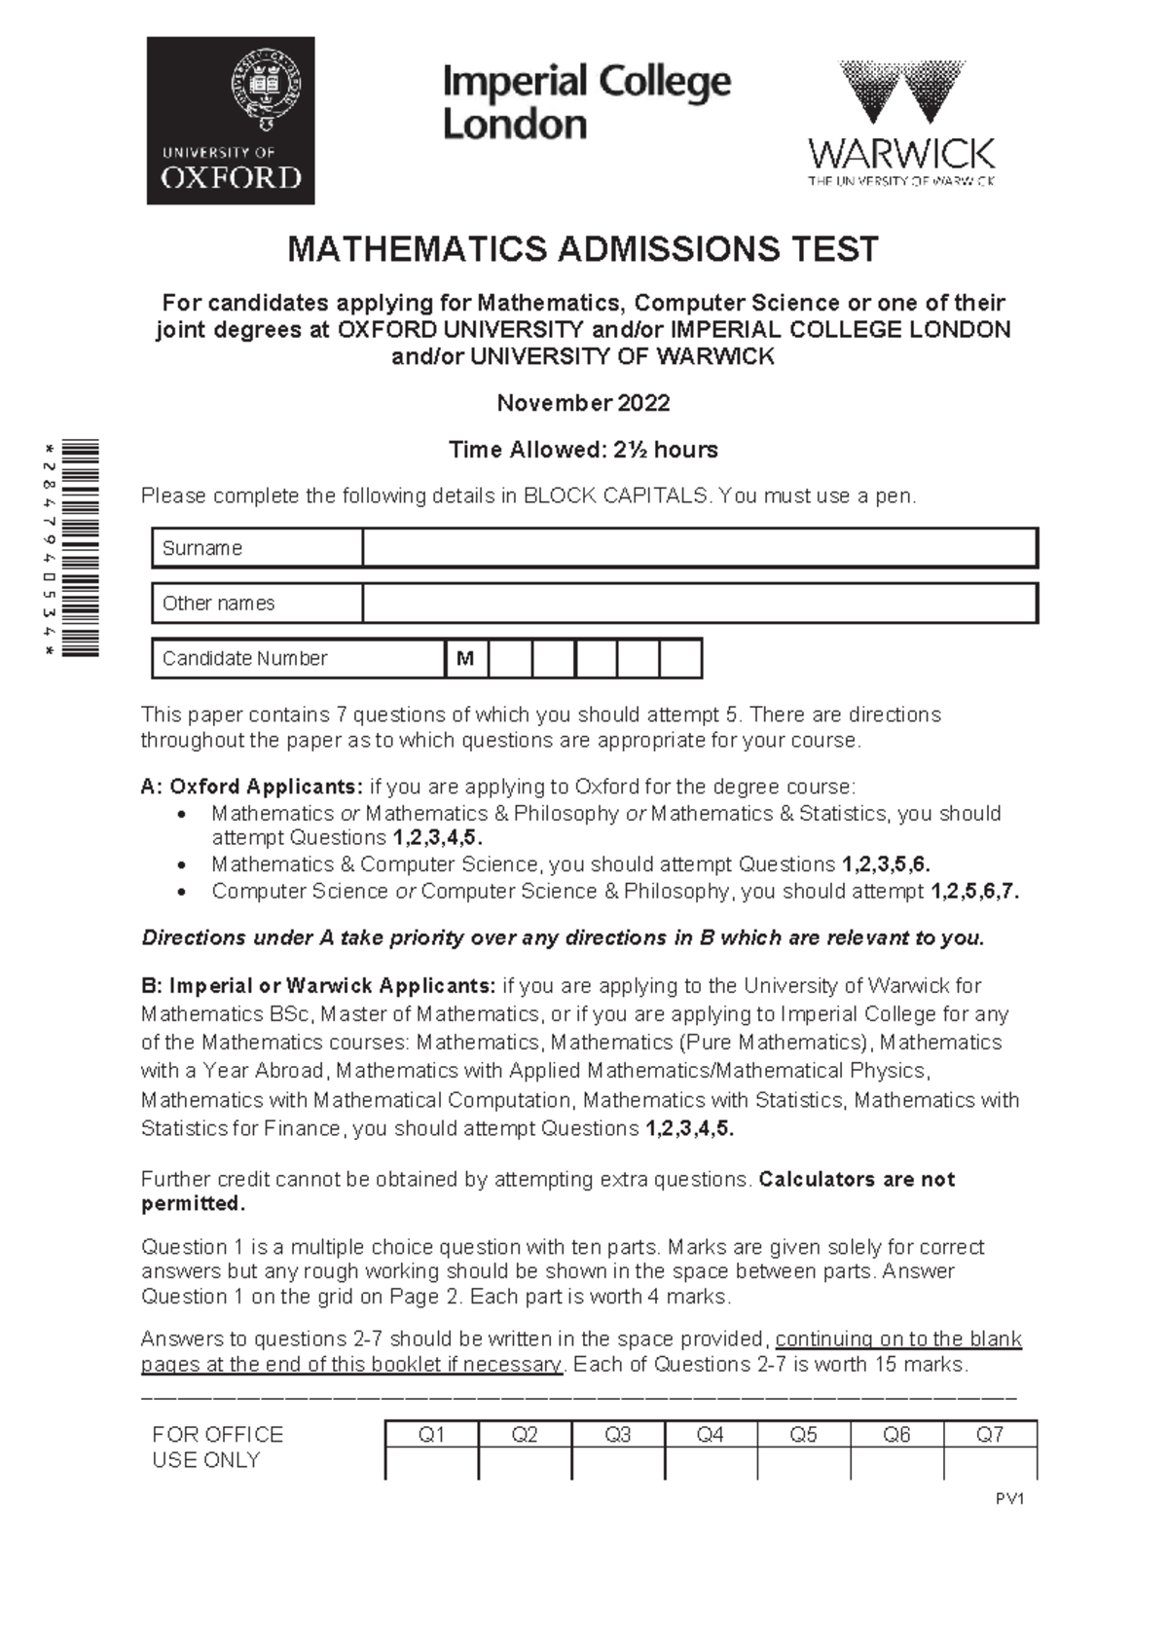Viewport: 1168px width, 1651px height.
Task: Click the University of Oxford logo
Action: point(231,121)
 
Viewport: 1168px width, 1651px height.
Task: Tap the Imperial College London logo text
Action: point(586,102)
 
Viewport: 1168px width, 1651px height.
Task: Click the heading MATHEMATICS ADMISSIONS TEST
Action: point(583,250)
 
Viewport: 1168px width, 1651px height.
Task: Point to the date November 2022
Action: point(583,403)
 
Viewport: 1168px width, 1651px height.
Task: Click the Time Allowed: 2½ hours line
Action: point(583,450)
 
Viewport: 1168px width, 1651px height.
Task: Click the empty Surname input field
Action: point(699,548)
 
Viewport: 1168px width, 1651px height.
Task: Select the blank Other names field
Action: point(699,604)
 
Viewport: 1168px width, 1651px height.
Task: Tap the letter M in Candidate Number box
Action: point(465,659)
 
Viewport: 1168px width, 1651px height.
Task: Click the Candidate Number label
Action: point(244,659)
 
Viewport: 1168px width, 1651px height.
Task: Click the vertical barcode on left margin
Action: point(81,548)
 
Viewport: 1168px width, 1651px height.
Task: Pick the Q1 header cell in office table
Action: point(431,1435)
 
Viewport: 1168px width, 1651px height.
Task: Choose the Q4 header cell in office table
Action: point(711,1435)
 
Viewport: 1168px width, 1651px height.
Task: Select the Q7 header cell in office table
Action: point(990,1435)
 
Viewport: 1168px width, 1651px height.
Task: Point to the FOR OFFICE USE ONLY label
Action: point(217,1448)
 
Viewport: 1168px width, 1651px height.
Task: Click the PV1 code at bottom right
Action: point(1009,1499)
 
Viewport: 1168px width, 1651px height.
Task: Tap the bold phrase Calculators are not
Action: point(857,1180)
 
